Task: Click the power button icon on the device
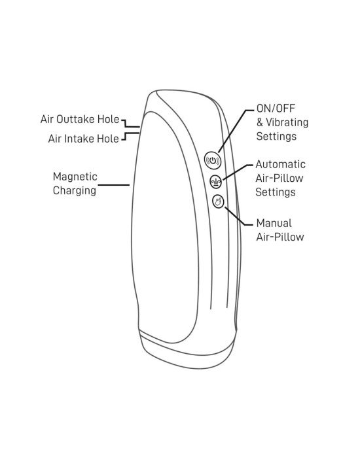point(213,160)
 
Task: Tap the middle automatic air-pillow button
point(216,181)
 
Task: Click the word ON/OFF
point(276,109)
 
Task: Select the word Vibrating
point(287,122)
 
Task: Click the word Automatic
point(280,164)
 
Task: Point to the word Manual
point(274,223)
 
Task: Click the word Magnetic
point(75,177)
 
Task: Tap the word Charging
point(75,190)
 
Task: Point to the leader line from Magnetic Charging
point(114,185)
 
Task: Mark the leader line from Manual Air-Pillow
point(236,218)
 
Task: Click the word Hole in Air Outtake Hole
point(108,119)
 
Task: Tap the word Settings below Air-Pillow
point(276,192)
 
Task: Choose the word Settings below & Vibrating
point(276,136)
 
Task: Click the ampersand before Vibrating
point(260,122)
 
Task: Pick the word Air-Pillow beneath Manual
point(280,237)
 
